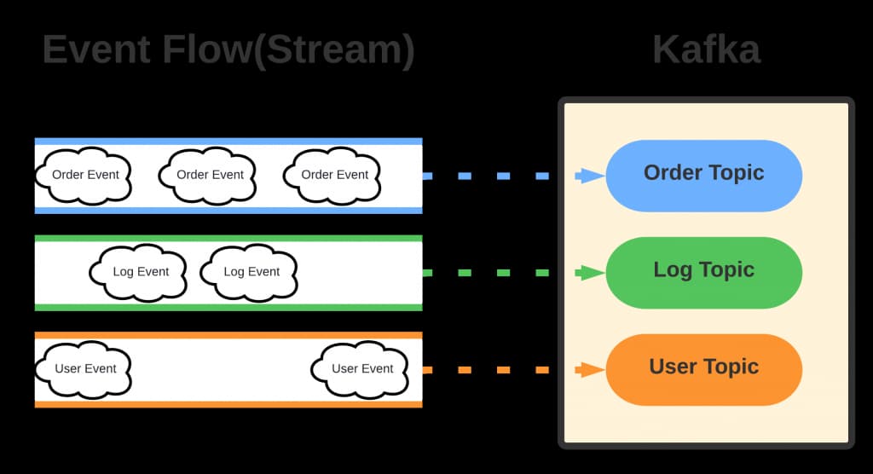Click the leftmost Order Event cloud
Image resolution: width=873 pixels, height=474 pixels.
(83, 175)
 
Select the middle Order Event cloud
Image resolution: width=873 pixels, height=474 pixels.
(209, 175)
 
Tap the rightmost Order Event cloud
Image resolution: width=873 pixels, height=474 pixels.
(333, 175)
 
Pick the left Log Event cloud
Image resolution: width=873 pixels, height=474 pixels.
(140, 272)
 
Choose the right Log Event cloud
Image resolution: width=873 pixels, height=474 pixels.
(251, 272)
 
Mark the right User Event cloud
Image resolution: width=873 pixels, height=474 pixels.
(361, 369)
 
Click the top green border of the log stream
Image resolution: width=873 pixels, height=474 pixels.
(228, 239)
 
